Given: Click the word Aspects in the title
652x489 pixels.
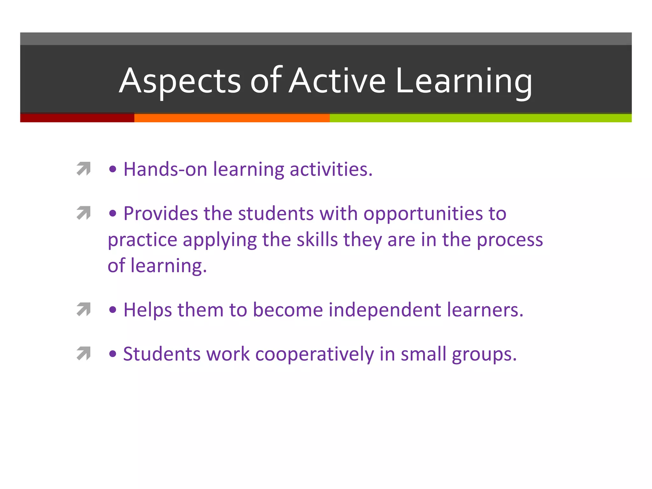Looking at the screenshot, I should pos(180,81).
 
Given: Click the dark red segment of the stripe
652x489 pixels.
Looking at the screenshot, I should pos(77,118).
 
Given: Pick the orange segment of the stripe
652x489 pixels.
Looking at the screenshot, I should pos(232,118).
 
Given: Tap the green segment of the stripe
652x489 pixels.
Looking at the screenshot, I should pos(480,118).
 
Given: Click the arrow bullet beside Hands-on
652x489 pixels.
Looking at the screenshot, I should pos(84,169).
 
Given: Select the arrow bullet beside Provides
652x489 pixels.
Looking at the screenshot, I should pos(84,213).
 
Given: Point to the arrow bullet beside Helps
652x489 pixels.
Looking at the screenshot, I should pos(84,309).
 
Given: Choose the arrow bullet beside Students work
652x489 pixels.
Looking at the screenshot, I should pos(84,354).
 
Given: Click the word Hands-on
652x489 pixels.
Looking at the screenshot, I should pos(165,169).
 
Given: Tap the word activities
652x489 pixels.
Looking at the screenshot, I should pos(331,169).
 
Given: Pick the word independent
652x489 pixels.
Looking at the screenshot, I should pos(385,310).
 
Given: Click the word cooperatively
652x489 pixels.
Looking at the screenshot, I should pos(315,354).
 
